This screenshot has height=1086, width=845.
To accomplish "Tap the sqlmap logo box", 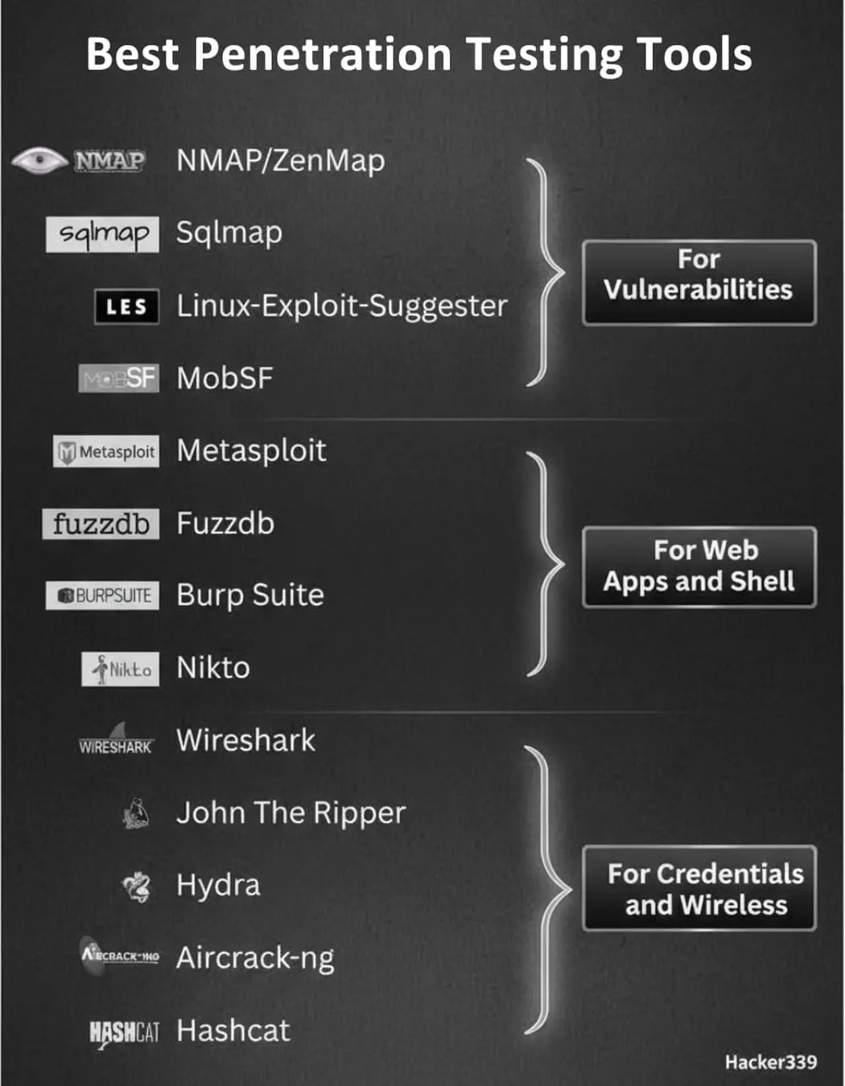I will pos(102,234).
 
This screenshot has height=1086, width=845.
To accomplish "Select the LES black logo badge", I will pos(126,306).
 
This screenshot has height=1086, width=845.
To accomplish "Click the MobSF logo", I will pos(118,378).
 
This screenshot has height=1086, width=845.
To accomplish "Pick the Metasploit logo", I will pos(106,451).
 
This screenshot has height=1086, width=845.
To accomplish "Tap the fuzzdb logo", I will pos(101,524).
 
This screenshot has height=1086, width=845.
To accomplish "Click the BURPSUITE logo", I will pos(102,595).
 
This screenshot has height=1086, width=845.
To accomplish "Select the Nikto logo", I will pos(120,668).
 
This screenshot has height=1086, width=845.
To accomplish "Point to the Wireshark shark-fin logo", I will pos(116,739).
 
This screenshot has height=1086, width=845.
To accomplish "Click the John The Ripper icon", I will pos(136,813).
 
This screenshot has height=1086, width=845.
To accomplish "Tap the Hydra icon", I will pos(136,886).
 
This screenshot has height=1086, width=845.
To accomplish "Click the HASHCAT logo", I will pos(124,1031).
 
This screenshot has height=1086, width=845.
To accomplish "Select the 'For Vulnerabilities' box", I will pos(699,282).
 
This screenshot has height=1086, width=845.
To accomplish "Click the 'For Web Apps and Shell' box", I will pos(699,566).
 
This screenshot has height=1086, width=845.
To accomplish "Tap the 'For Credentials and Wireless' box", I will pos(699,888).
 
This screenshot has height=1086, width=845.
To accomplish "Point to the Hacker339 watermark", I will pos(770,1062).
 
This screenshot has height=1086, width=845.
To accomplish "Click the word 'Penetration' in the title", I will pos(323,55).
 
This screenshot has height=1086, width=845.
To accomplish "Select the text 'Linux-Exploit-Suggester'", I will pos(342,306).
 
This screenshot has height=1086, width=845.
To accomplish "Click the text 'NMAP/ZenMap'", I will pos(281,161).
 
